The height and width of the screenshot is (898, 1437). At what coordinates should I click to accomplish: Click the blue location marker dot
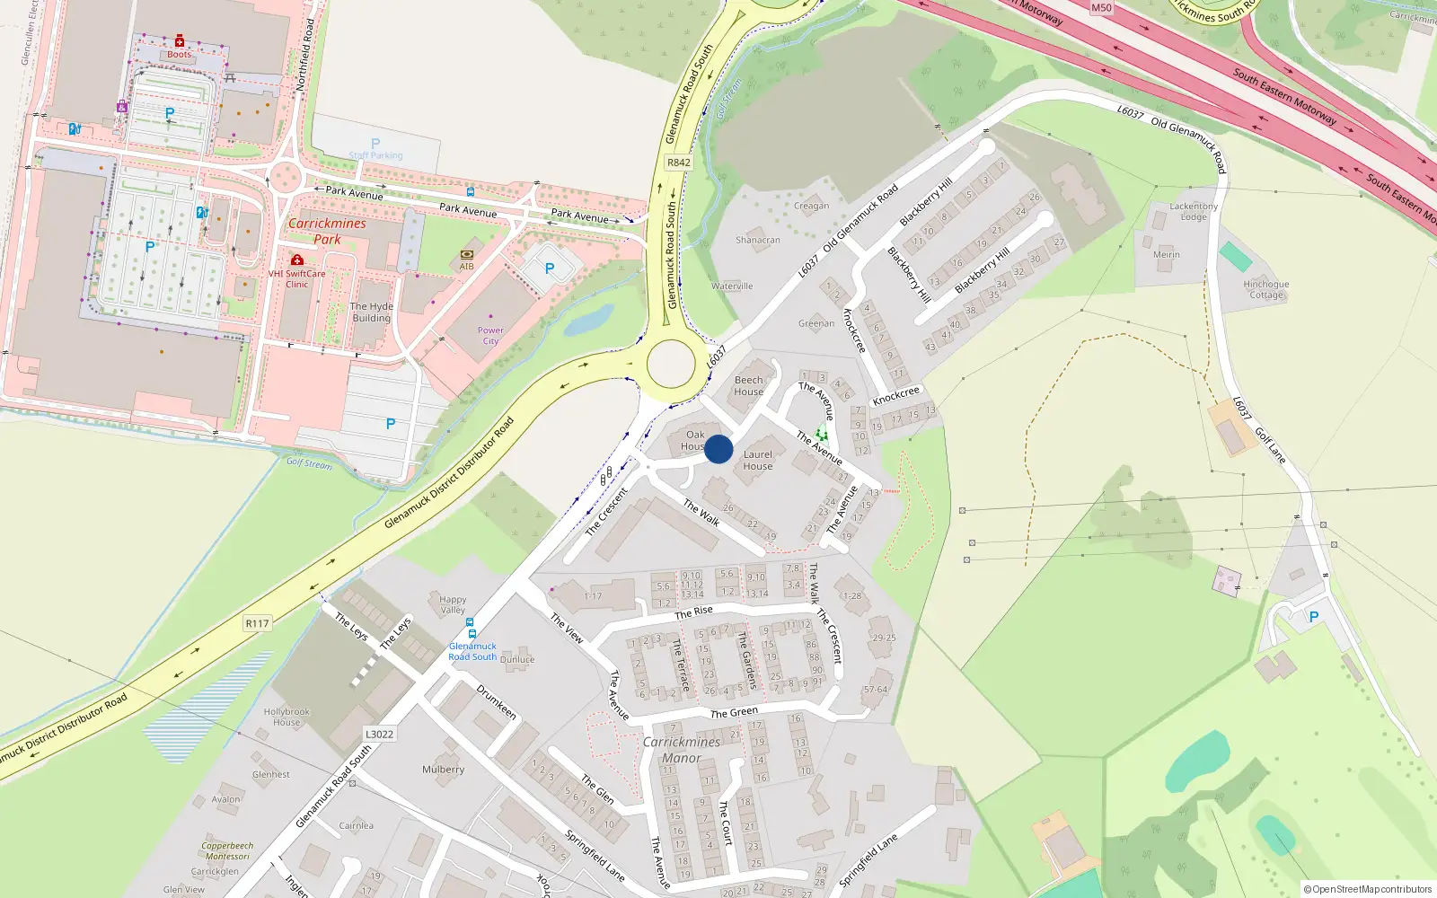718,449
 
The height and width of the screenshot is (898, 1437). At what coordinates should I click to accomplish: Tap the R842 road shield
678,163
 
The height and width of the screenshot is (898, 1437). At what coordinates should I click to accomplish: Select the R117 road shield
257,623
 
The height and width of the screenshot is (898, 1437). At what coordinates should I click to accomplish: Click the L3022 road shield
379,734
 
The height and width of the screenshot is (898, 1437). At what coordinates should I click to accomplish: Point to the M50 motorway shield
1101,8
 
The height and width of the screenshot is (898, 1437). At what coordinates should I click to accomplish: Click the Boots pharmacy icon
180,41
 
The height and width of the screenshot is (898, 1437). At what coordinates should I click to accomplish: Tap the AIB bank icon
466,255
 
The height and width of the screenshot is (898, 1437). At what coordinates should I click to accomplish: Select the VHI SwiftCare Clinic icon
297,260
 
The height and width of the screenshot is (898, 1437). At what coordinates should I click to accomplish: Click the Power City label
490,336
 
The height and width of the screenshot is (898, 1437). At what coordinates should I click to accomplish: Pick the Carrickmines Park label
327,231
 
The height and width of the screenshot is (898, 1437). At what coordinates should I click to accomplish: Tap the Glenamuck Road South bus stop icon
472,634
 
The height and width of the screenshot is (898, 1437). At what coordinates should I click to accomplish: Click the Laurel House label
758,460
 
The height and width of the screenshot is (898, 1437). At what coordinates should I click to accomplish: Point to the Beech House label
748,385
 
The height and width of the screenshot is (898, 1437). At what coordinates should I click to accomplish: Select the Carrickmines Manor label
682,750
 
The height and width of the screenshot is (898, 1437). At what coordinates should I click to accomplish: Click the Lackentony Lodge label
1194,211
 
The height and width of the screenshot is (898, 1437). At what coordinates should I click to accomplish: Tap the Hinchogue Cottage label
1266,289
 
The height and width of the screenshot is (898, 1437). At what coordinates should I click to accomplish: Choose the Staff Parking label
375,155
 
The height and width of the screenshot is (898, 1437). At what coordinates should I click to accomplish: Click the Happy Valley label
453,604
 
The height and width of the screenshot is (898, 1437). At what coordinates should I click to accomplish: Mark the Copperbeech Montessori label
227,850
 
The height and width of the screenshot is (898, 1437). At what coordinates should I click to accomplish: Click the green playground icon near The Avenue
821,435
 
